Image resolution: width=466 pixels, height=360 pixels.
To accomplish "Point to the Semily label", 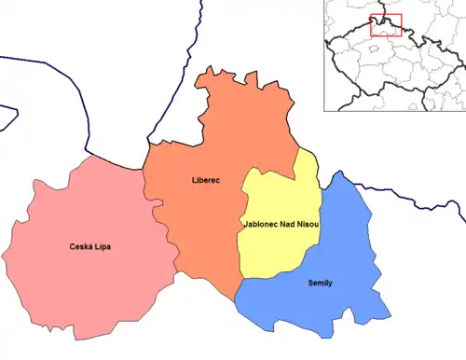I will point(319,282).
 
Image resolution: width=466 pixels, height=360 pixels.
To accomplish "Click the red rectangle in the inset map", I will point(385,25).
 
